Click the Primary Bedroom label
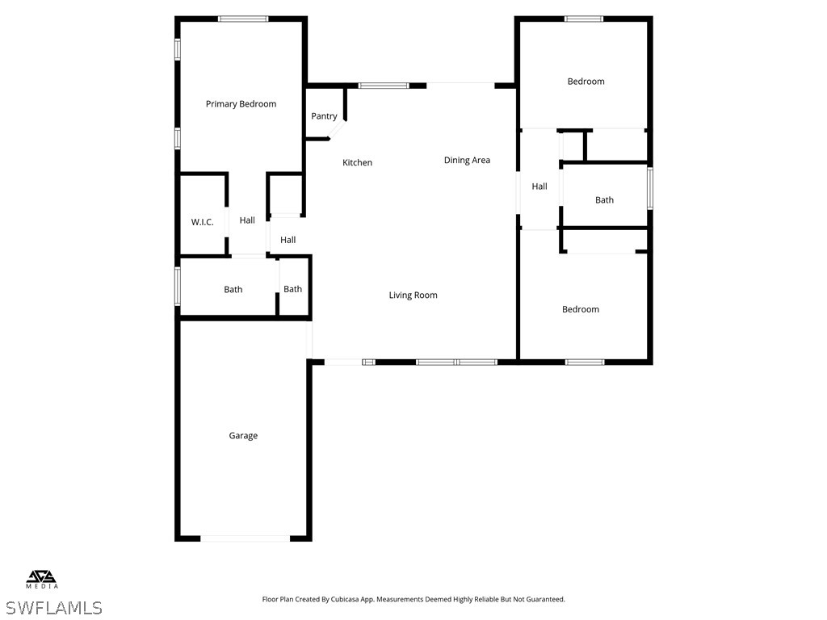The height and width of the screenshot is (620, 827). coord(241,104)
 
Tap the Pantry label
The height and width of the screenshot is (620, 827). coord(324,116)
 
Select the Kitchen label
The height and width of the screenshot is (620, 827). coord(357,163)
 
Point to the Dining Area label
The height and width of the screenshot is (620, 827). coord(467,161)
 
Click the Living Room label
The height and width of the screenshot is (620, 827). coord(413,295)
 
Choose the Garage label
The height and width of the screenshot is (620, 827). coord(243,436)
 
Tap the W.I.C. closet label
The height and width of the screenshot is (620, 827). coord(202,222)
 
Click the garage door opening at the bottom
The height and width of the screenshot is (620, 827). coord(245,538)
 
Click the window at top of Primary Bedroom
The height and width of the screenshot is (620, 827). coord(243,19)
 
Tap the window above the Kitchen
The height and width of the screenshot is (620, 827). coord(384,85)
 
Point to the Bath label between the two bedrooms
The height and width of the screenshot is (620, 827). coord(604,200)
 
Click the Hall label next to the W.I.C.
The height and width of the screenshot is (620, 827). coord(247,220)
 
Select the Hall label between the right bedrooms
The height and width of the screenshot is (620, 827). coord(539,186)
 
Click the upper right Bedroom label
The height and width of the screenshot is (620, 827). coord(586,82)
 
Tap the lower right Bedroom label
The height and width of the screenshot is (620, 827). coord(581,310)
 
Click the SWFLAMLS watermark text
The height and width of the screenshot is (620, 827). coord(53,607)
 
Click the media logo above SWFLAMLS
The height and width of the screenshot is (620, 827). coord(42,579)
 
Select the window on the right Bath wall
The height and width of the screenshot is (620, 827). coord(649,189)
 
